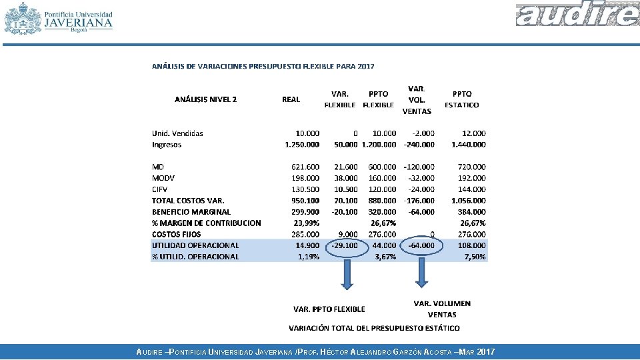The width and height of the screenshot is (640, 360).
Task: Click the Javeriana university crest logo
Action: point(23,18)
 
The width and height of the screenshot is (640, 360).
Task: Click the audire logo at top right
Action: point(577,15)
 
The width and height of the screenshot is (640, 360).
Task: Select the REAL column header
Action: point(291,99)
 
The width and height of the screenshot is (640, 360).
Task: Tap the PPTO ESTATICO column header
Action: point(461,99)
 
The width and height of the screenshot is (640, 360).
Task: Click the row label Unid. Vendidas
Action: point(177,133)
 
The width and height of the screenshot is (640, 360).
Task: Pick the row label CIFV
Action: point(159,189)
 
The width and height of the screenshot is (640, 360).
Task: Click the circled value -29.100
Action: point(344,245)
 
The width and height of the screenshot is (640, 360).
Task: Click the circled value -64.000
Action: point(421,245)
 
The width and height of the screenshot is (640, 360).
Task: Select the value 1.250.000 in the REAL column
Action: point(302,145)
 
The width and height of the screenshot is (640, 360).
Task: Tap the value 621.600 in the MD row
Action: point(305,167)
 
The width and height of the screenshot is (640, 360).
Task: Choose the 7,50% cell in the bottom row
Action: point(475,257)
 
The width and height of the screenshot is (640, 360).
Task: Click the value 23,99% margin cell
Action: point(307,223)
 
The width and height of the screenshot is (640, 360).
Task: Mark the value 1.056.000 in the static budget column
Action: point(469,201)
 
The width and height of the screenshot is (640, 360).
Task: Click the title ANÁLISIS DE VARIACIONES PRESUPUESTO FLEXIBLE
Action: point(263,66)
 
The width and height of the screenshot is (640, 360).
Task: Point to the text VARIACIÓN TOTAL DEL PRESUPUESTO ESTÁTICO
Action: point(374,328)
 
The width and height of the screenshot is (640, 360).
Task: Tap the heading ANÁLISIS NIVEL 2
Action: point(205,99)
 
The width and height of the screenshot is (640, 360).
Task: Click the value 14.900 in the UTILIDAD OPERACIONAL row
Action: point(307,245)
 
